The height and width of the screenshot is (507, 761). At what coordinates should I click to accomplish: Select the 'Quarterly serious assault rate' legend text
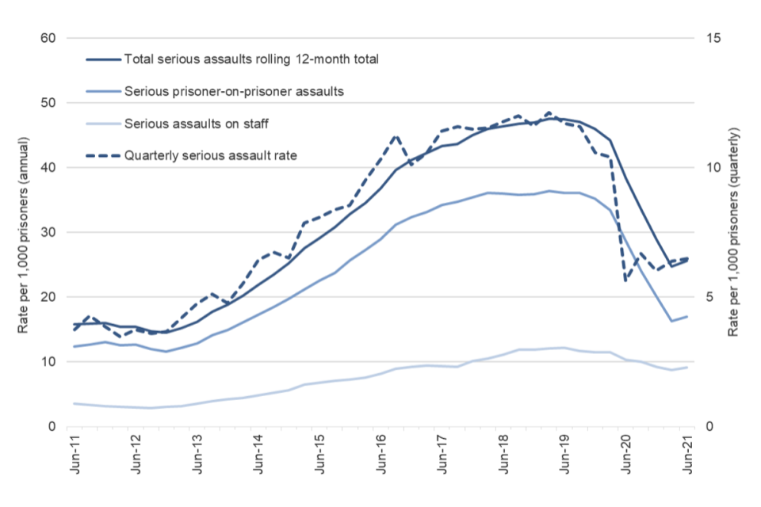[x=210, y=155]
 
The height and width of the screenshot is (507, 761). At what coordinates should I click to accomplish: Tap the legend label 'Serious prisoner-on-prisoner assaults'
[x=233, y=90]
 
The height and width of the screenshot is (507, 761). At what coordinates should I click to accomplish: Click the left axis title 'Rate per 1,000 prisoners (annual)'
[x=25, y=233]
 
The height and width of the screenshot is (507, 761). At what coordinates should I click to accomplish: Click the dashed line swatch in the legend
[x=101, y=155]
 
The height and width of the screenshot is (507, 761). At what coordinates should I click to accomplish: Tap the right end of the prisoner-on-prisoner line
[x=687, y=316]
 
